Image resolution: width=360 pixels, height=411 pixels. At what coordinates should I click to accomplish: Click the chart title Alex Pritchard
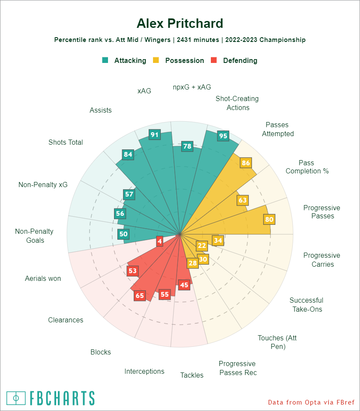pyautogui.click(x=180, y=23)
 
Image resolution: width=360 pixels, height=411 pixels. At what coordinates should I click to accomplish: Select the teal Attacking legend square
pyautogui.click(x=105, y=60)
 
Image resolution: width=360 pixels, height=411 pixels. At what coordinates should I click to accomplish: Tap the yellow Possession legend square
pyautogui.click(x=156, y=60)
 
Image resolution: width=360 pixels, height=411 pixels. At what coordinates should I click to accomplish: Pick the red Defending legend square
pyautogui.click(x=214, y=60)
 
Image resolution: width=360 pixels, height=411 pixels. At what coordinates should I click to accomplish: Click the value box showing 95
pyautogui.click(x=223, y=136)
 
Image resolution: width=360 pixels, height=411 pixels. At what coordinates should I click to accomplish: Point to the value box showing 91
pyautogui.click(x=155, y=134)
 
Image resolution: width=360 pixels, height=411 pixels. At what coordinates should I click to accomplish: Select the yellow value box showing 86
pyautogui.click(x=246, y=163)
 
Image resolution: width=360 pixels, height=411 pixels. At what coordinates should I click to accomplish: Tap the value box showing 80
pyautogui.click(x=269, y=220)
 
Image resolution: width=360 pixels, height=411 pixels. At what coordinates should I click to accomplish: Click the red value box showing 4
pyautogui.click(x=159, y=241)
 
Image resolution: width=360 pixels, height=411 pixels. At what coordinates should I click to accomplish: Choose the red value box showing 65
pyautogui.click(x=140, y=295)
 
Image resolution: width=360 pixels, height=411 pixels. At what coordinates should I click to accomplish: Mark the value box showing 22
pyautogui.click(x=202, y=245)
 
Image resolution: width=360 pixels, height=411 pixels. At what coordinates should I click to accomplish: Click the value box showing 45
pyautogui.click(x=184, y=285)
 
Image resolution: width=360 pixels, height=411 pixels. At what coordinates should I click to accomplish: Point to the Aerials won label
pyautogui.click(x=43, y=279)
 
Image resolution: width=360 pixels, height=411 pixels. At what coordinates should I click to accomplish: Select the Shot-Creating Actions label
pyautogui.click(x=237, y=103)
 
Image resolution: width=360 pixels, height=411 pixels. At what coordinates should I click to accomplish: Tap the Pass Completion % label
pyautogui.click(x=307, y=167)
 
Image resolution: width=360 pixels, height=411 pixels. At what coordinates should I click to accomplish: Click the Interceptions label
pyautogui.click(x=144, y=371)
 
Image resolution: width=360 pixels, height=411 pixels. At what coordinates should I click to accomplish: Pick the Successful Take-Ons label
pyautogui.click(x=306, y=305)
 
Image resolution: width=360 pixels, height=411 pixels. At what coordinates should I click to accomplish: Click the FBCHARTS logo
pyautogui.click(x=51, y=398)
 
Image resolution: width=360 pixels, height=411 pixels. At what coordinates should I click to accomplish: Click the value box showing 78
pyautogui.click(x=187, y=146)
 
